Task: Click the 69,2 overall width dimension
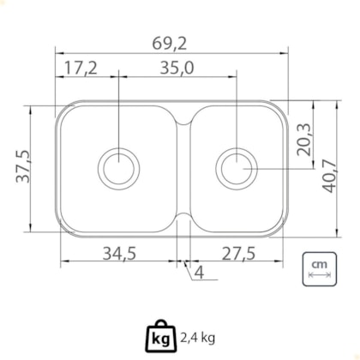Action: [x=170, y=44]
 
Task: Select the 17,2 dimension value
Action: [x=81, y=68]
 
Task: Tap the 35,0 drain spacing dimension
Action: [x=177, y=68]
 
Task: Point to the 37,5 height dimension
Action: [x=23, y=166]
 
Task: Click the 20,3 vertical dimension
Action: [x=303, y=140]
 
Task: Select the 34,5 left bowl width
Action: [x=119, y=253]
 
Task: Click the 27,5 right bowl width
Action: [x=238, y=253]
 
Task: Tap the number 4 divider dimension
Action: [x=199, y=273]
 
